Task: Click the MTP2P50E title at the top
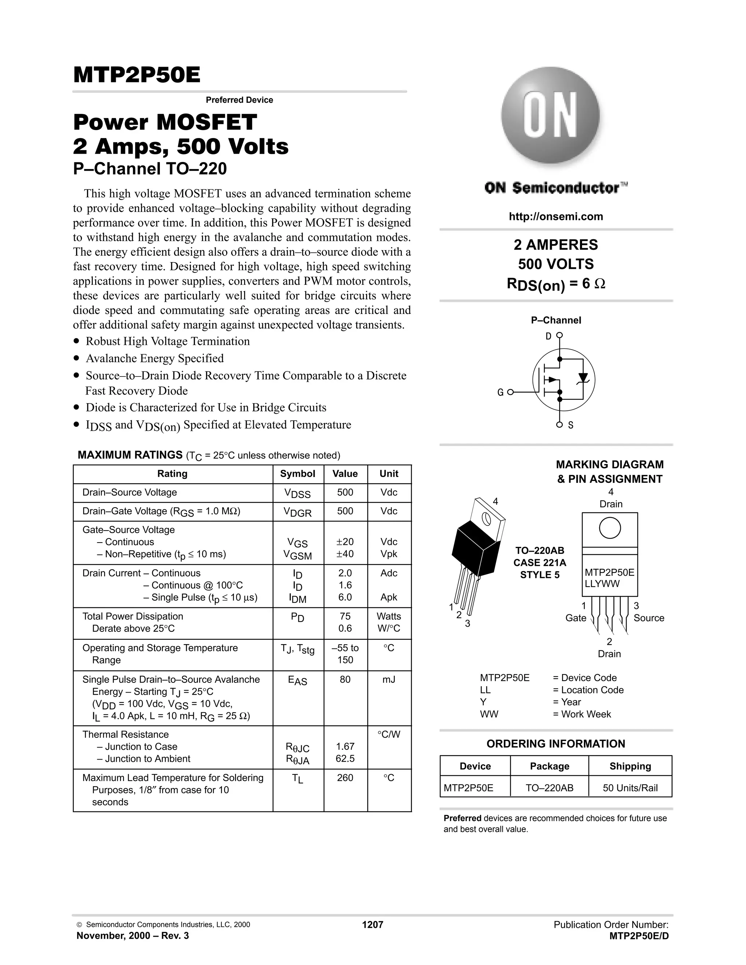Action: (x=137, y=75)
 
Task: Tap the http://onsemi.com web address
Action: (x=555, y=217)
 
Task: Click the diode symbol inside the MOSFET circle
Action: (x=584, y=378)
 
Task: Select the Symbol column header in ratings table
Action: (x=298, y=474)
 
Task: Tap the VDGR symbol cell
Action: (x=298, y=512)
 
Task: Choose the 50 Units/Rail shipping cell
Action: (x=630, y=788)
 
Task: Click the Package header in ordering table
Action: (x=549, y=766)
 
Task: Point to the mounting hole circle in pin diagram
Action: (x=609, y=528)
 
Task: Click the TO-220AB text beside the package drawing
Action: (x=539, y=551)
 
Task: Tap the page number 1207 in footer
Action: (x=373, y=924)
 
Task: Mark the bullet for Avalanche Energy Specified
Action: (x=77, y=358)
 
